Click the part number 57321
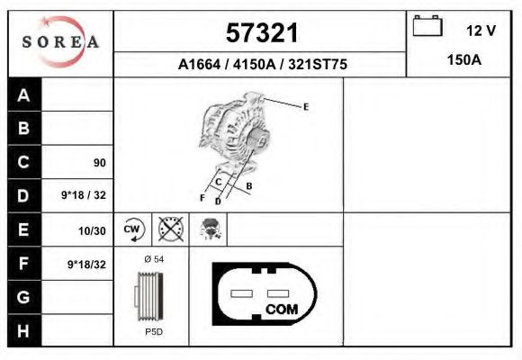[262, 33]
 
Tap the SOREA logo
[60, 41]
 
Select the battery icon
[427, 25]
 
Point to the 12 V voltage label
[481, 31]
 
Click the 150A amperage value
[464, 60]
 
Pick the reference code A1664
[199, 64]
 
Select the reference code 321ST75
[318, 64]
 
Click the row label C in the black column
[23, 162]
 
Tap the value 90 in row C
[100, 163]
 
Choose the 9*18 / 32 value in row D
[83, 195]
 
